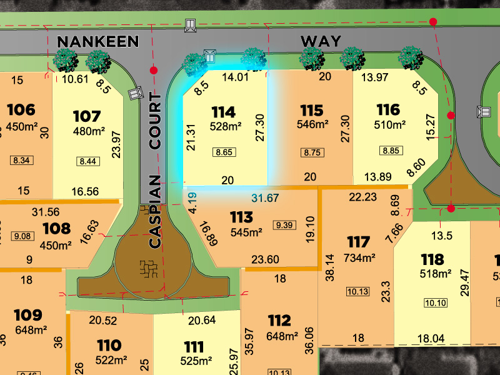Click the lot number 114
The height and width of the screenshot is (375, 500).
tap(223, 112)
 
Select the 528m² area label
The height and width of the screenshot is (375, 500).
tap(225, 126)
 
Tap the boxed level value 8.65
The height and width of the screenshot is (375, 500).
tap(223, 152)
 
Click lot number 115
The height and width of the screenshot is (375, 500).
tap(311, 111)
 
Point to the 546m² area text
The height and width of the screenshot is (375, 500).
tap(312, 124)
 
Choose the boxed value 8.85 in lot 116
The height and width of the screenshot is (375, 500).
tap(389, 150)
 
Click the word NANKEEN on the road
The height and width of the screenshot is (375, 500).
tap(97, 42)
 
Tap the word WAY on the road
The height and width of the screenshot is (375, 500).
tap(321, 42)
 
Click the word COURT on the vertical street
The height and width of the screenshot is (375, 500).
tap(155, 122)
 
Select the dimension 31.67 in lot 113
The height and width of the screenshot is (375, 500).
tap(264, 199)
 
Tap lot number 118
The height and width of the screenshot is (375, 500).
tap(432, 259)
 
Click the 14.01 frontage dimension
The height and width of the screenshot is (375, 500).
tap(236, 77)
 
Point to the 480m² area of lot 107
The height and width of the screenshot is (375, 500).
tap(89, 131)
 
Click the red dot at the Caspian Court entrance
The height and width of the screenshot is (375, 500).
tap(154, 71)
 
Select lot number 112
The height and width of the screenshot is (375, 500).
tap(279, 321)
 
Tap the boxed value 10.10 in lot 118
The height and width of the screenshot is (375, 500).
tap(436, 303)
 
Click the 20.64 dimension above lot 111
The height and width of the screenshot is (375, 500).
tap(201, 320)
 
